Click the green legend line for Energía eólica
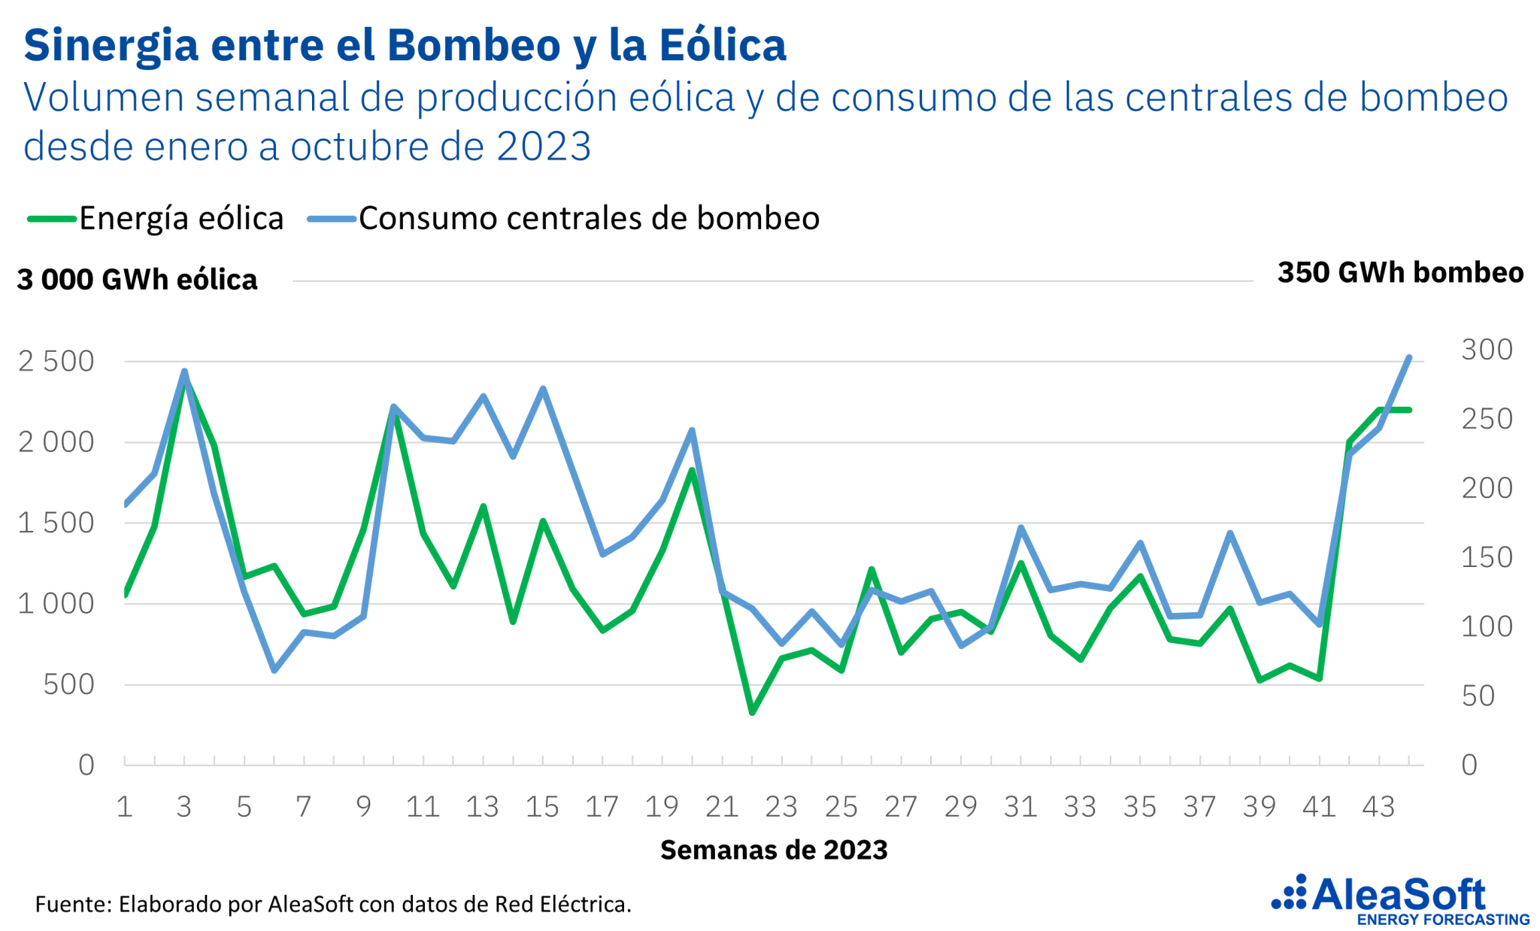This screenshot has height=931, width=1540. click(51, 219)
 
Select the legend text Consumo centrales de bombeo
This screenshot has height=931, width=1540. click(589, 219)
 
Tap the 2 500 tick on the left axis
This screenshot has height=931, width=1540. click(56, 362)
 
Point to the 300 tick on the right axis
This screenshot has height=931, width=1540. click(1487, 350)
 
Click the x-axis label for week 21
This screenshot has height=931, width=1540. click(722, 807)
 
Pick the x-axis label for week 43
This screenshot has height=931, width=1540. click(1379, 807)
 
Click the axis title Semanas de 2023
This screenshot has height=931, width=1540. click(774, 850)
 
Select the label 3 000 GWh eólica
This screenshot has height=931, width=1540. click(137, 280)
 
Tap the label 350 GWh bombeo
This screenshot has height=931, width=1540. click(1400, 273)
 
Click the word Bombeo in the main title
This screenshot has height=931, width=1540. click(474, 45)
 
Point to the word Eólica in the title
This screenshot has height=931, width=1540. click(723, 45)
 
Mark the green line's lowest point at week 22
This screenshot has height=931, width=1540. click(752, 712)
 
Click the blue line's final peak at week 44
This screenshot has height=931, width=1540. click(1409, 357)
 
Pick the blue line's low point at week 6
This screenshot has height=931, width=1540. click(274, 670)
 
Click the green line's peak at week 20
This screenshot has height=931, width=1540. click(692, 471)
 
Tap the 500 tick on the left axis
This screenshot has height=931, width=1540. click(69, 684)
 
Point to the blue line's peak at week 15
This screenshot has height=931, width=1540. click(543, 389)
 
